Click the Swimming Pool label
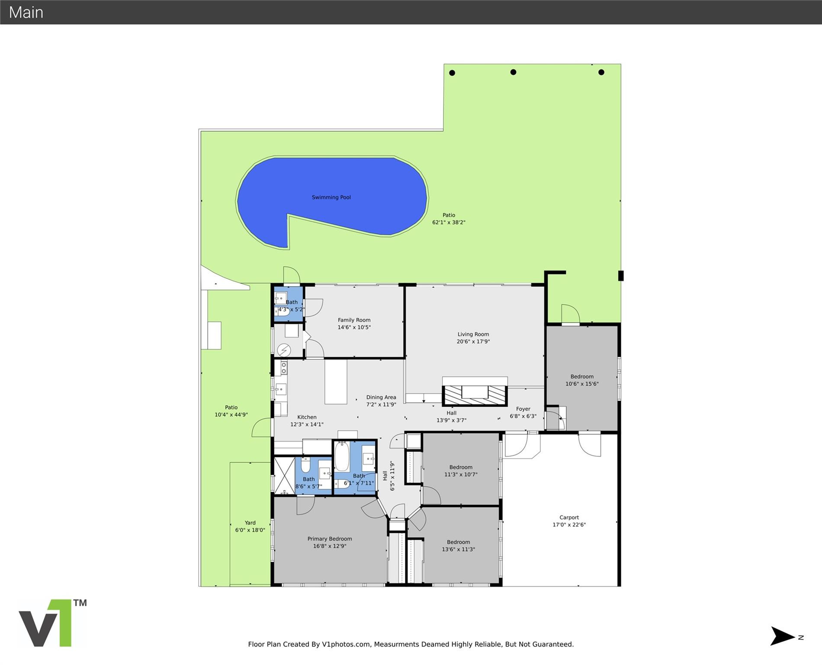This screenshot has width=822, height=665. point(331,197)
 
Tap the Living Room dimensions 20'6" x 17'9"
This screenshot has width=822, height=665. point(473,342)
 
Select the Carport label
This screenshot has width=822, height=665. point(568,517)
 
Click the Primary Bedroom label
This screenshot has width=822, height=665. point(329,539)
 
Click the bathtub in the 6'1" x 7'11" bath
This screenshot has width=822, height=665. point(341,457)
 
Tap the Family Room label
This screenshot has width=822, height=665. point(354,320)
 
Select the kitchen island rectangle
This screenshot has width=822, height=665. point(336,382)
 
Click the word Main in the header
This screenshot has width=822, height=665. point(26,12)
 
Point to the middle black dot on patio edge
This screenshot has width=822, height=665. point(513,72)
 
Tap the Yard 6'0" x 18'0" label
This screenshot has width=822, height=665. point(250,526)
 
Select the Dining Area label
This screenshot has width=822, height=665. point(381,397)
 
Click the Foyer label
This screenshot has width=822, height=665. point(523,409)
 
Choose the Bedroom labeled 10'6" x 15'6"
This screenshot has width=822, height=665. point(581,380)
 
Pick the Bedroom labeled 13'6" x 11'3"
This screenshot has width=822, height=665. point(458,546)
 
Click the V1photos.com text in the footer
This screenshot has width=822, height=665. point(346,644)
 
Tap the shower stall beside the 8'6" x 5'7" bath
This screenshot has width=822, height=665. point(284,475)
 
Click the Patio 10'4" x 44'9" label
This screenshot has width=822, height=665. point(231,411)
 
